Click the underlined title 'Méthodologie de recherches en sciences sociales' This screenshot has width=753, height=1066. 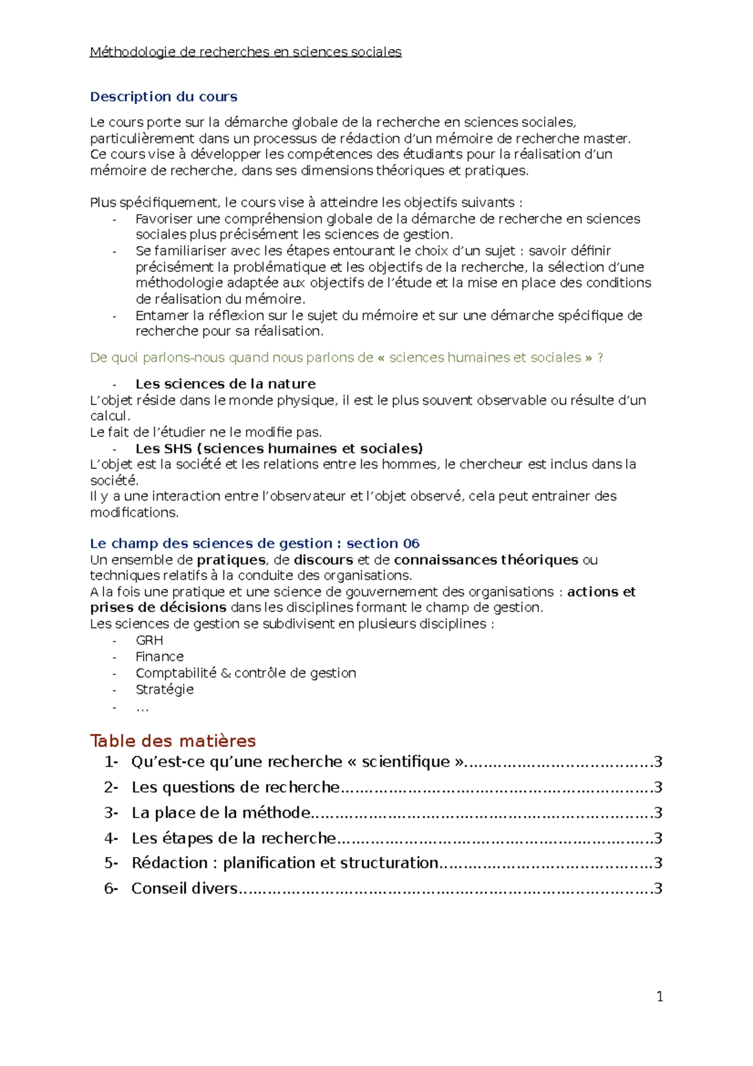coord(245,52)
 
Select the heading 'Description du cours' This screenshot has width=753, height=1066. coord(163,97)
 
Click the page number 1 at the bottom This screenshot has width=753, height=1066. coord(660,996)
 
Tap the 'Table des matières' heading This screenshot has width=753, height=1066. coord(173,741)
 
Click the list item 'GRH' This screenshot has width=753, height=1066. coord(149,640)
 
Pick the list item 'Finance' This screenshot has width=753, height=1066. coord(159,657)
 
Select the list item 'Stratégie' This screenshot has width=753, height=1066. coord(164,689)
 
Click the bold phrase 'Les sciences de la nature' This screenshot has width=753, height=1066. coord(225,384)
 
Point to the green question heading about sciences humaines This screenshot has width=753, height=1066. coord(346,358)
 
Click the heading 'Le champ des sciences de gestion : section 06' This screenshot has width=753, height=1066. coord(254,544)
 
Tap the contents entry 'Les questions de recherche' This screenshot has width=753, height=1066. coord(235,787)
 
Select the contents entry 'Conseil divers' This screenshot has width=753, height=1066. coord(184,888)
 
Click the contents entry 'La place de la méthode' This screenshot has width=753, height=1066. coord(221,813)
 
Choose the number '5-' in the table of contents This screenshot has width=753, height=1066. coord(111,863)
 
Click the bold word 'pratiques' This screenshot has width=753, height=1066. coord(231,560)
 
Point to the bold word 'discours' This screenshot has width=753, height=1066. coord(323,560)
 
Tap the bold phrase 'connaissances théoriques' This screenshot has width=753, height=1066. coord(486,560)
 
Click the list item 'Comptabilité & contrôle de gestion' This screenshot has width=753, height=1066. coord(245,673)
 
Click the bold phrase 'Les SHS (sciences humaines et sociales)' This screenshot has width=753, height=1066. coord(279,449)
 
